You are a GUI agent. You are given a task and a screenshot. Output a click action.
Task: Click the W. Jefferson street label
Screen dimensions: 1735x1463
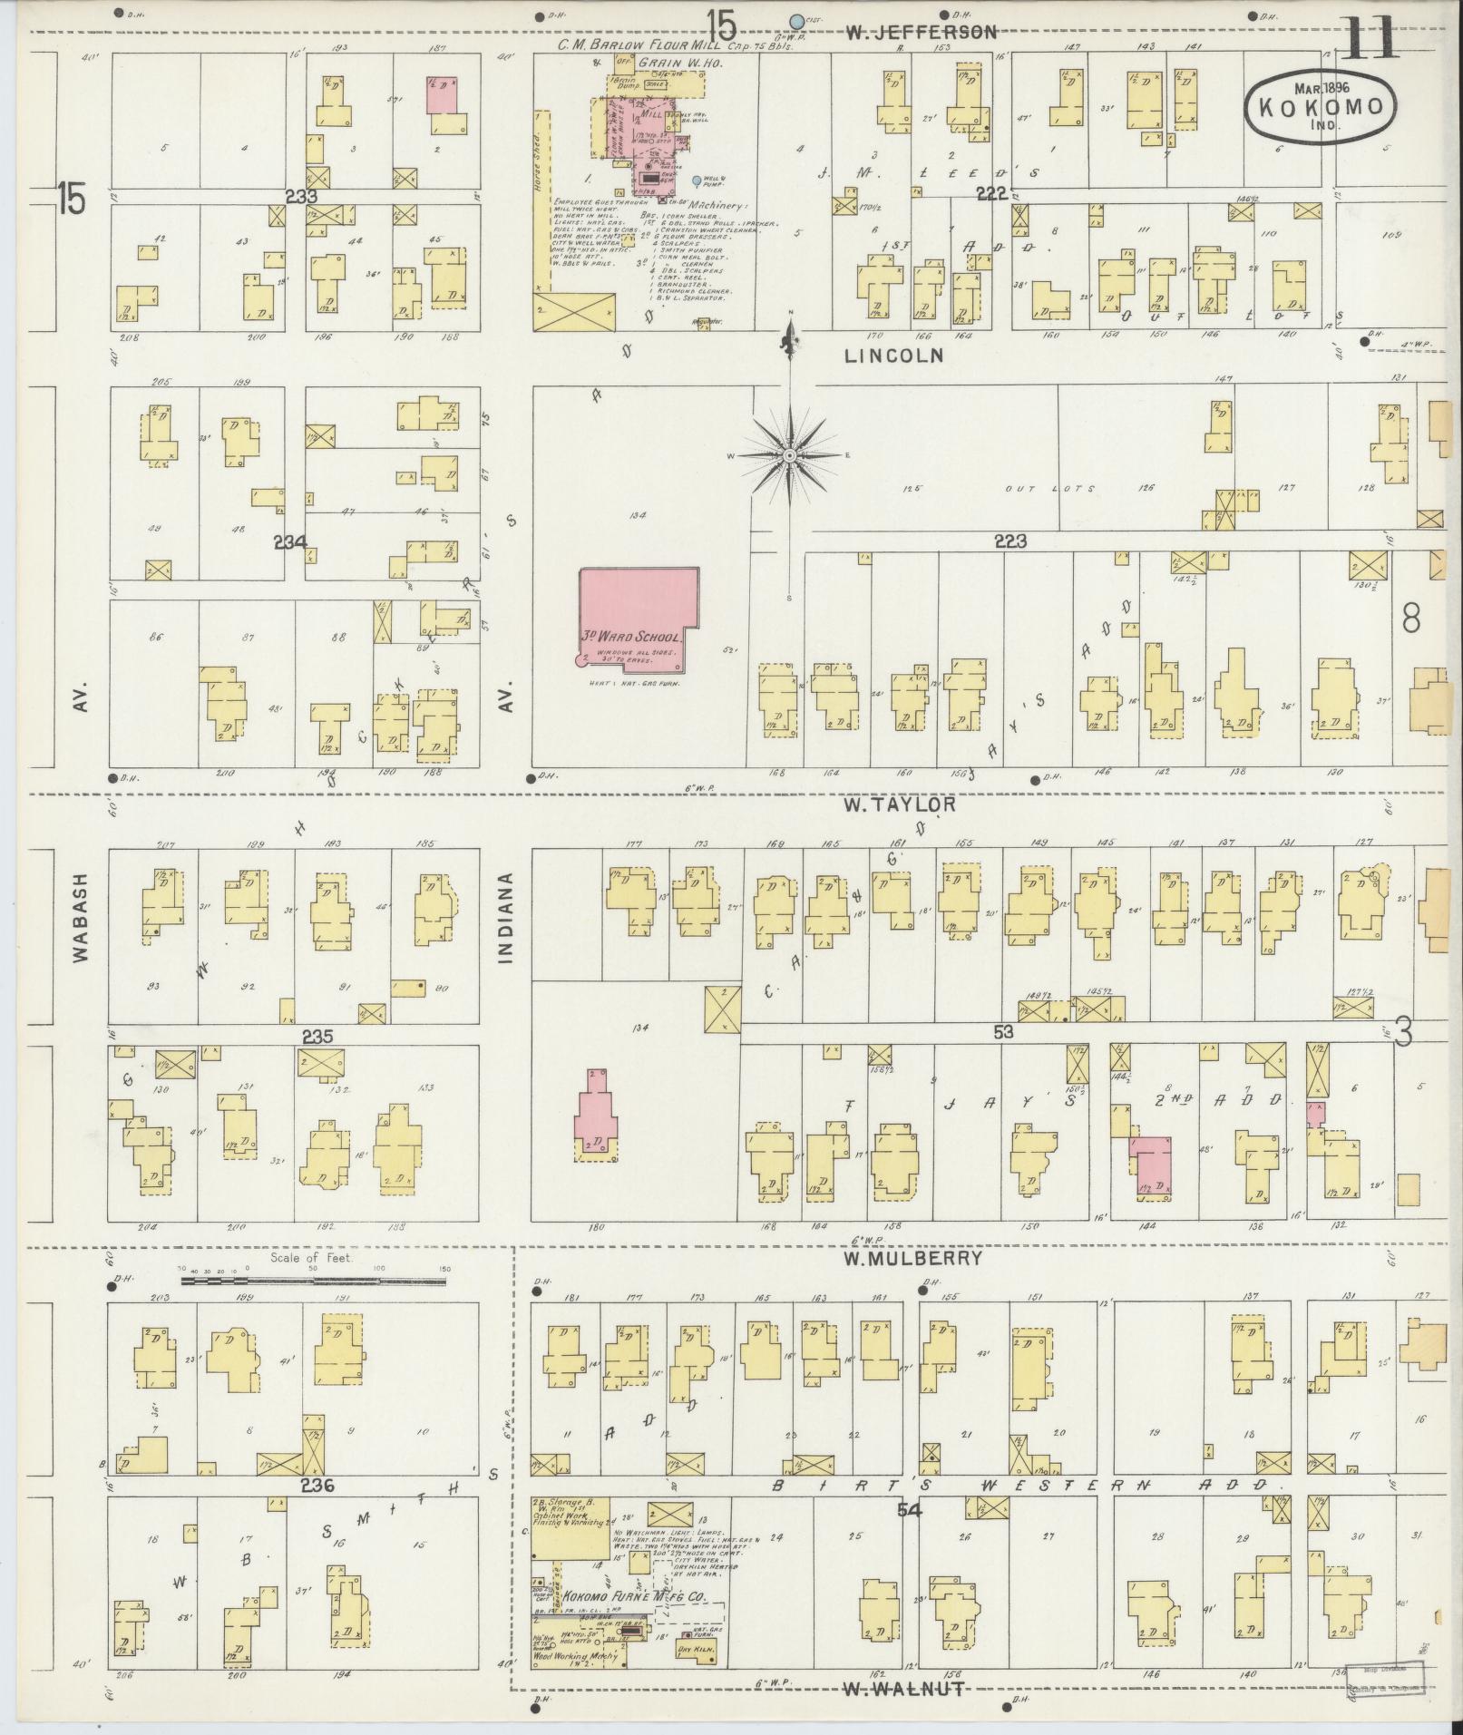tap(921, 33)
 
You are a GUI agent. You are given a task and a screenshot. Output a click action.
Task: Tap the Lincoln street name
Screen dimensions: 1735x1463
tap(893, 356)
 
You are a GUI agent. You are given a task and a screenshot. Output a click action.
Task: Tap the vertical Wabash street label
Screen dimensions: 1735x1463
tap(81, 917)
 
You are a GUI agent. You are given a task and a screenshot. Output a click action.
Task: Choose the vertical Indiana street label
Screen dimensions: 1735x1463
tap(506, 917)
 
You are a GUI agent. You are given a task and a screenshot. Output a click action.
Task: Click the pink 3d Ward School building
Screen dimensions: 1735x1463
tap(639, 616)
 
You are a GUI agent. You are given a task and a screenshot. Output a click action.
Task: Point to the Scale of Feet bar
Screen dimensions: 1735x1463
tap(313, 1282)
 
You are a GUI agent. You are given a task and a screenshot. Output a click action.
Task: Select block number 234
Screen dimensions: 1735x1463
tap(292, 542)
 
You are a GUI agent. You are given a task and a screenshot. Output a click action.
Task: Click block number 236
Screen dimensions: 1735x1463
tap(317, 1486)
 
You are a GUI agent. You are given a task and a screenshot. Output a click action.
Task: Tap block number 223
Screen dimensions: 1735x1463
tap(1009, 541)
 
